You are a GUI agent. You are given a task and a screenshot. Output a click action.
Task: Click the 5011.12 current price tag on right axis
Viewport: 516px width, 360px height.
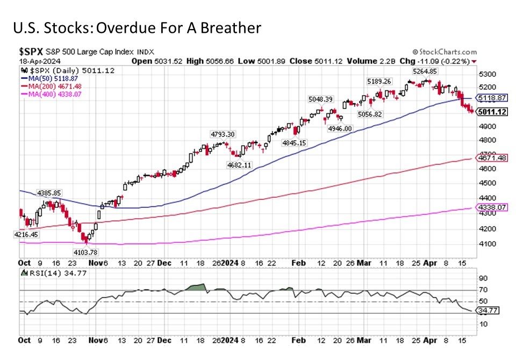tap(492, 112)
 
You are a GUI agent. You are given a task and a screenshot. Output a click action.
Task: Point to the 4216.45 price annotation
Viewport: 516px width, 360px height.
tap(26, 234)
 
